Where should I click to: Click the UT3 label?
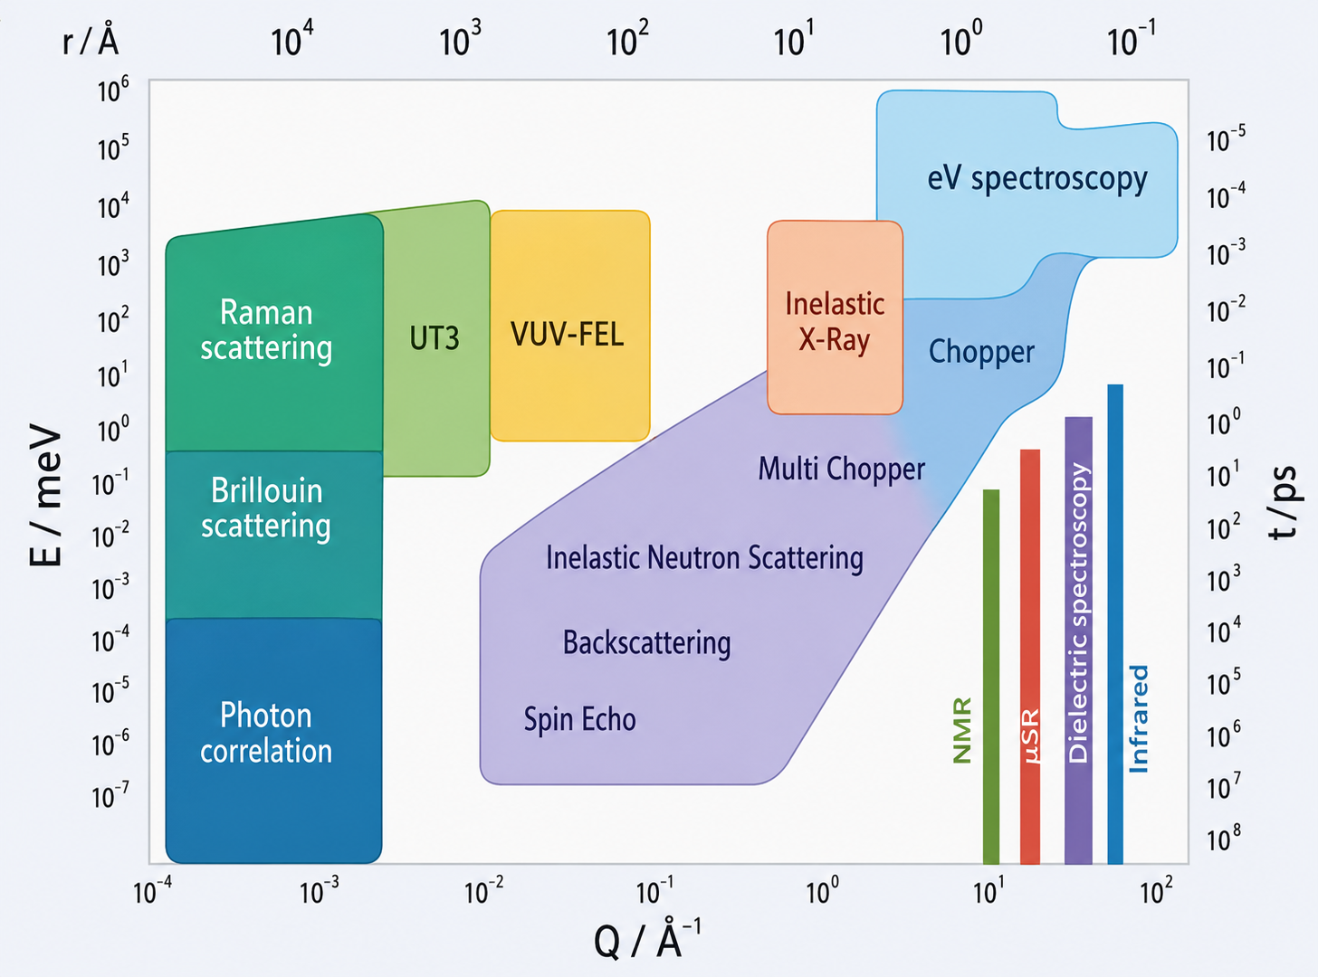tap(435, 338)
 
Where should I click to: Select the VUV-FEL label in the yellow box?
tap(568, 334)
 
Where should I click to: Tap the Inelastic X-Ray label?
tap(835, 321)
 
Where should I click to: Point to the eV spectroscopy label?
tap(1037, 179)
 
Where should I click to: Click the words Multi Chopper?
tap(842, 469)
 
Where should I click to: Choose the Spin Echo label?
tap(579, 719)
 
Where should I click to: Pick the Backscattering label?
tap(646, 642)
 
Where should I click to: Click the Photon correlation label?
tap(265, 733)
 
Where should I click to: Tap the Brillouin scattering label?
tap(265, 508)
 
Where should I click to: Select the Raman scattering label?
tap(265, 329)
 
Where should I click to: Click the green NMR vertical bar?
tap(991, 677)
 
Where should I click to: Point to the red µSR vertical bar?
tap(1030, 656)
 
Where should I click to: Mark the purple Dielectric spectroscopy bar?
tap(1078, 640)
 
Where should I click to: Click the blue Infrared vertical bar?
tap(1115, 623)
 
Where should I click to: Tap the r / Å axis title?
tap(91, 40)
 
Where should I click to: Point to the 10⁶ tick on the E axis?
tap(113, 90)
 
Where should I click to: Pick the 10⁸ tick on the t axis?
tap(1224, 839)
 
